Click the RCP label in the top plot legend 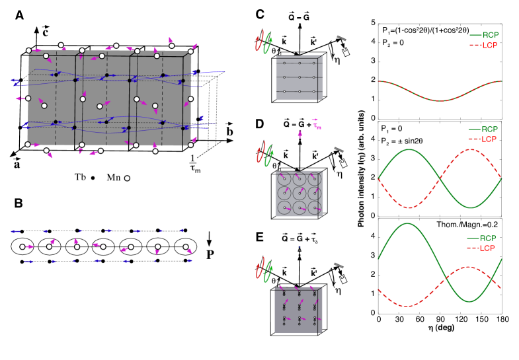point(490,36)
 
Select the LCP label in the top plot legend point(490,46)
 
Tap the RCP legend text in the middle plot point(489,129)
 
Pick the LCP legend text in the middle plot point(489,139)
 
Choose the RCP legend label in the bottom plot point(487,238)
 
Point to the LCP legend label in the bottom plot point(487,248)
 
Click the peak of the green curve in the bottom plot point(407,224)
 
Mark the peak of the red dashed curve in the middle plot point(469,150)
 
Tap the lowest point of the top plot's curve point(440,100)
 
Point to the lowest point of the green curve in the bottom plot point(469,301)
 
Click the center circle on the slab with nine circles point(299,193)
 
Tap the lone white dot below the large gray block point(127,178)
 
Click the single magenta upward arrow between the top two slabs point(300,134)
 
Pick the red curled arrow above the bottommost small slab point(259,269)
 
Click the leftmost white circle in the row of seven point(22,247)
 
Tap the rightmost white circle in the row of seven point(186,247)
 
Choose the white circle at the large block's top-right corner point(191,52)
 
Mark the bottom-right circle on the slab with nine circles point(314,208)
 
